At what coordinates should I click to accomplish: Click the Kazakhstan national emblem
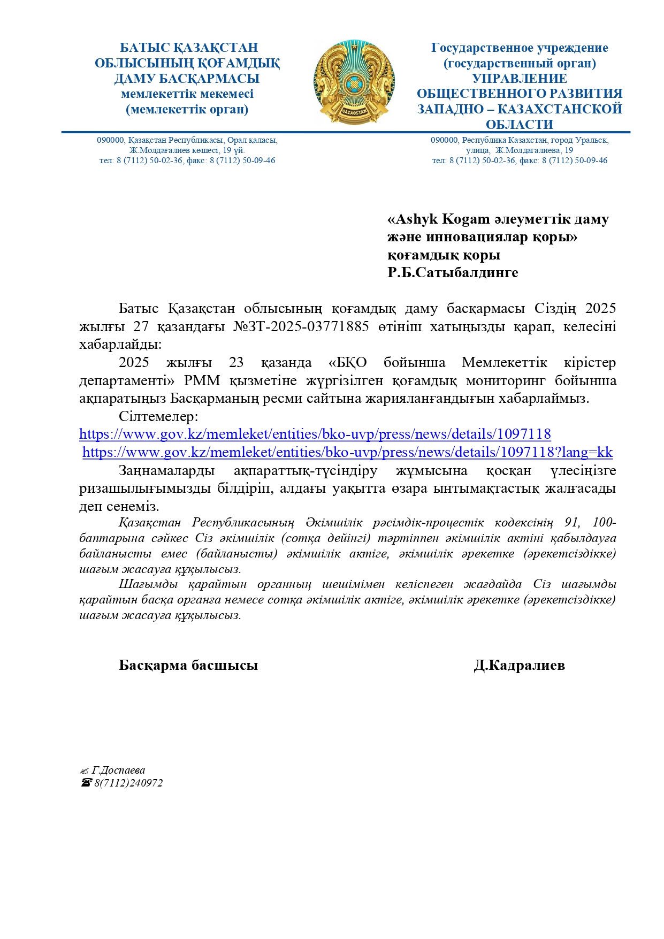pyautogui.click(x=354, y=82)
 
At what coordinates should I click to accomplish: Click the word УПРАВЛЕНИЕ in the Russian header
pyautogui.click(x=519, y=79)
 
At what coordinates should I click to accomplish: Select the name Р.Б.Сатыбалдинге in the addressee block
pyautogui.click(x=453, y=273)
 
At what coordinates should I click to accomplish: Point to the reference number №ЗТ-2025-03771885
pyautogui.click(x=301, y=326)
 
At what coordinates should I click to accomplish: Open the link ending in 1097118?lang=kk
pyautogui.click(x=347, y=453)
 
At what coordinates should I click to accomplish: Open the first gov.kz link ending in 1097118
pyautogui.click(x=315, y=434)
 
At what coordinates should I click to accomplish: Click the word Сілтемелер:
pyautogui.click(x=158, y=416)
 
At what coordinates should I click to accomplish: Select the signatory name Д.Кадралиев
pyautogui.click(x=519, y=665)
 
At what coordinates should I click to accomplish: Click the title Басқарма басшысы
pyautogui.click(x=188, y=665)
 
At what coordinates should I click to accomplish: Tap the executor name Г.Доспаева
pyautogui.click(x=118, y=770)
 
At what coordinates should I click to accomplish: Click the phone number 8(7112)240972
pyautogui.click(x=128, y=783)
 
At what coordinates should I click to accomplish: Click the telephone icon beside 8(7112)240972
pyautogui.click(x=86, y=783)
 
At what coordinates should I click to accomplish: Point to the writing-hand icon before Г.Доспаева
pyautogui.click(x=84, y=771)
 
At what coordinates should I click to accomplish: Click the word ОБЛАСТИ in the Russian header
pyautogui.click(x=519, y=125)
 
